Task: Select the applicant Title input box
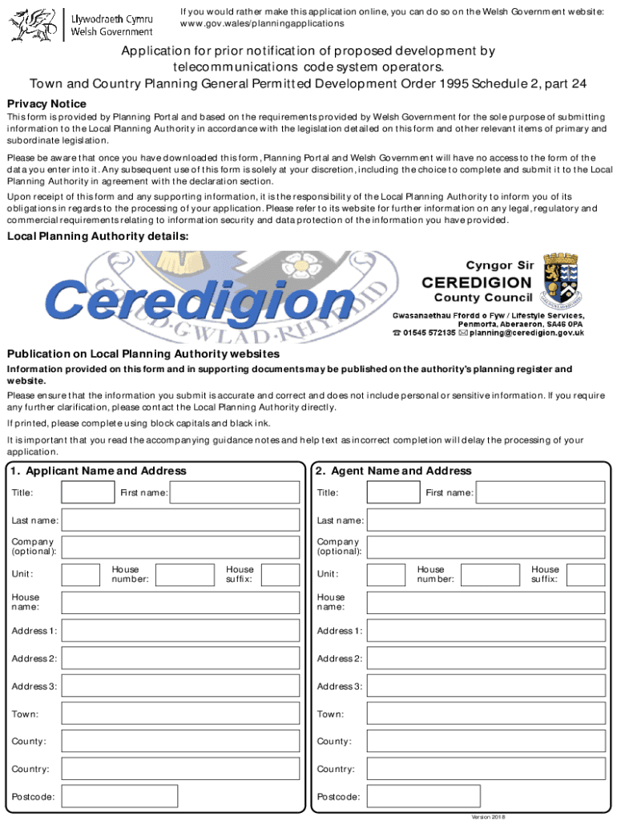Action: [88, 492]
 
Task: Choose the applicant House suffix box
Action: [280, 574]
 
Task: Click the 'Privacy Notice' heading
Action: [46, 104]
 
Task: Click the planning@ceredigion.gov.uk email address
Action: [526, 333]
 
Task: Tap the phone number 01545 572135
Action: [429, 333]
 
